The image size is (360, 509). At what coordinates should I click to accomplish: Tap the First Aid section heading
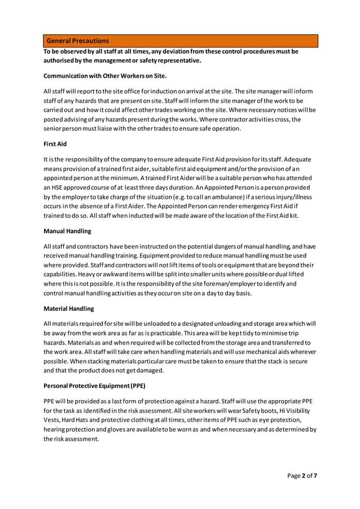point(55,144)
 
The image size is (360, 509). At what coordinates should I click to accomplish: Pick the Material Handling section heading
point(69,308)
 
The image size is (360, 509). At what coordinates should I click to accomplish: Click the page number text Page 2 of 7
point(302,476)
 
